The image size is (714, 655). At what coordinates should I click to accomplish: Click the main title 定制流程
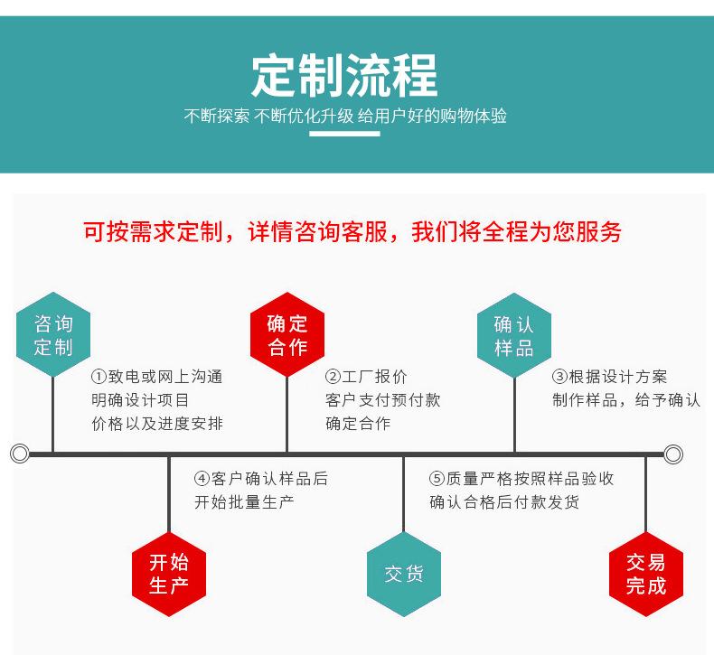coord(344,76)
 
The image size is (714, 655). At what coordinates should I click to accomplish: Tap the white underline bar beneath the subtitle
coord(344,134)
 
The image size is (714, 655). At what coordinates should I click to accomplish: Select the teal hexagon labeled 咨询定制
coord(53,334)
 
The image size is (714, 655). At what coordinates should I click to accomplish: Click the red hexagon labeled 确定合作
coord(287,334)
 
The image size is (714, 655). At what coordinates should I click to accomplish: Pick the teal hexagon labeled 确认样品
coord(514,335)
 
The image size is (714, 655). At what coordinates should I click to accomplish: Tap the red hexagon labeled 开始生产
coord(169,574)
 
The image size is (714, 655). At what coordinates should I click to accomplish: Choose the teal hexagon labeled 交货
coord(404,574)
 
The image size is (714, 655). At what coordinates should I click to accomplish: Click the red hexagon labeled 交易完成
coord(646,574)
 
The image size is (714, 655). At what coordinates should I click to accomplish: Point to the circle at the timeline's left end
coord(20,454)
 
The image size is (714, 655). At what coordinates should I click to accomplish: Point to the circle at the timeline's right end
coord(673,454)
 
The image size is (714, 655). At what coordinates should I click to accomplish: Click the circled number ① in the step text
coord(99,377)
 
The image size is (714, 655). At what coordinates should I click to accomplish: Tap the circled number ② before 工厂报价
coord(333,377)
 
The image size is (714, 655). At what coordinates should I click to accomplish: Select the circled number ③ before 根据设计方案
coord(559,377)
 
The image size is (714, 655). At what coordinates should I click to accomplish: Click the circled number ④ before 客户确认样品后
coord(202,479)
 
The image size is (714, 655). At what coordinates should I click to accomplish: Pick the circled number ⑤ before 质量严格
coord(437,479)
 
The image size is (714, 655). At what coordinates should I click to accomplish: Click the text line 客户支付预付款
coord(383,400)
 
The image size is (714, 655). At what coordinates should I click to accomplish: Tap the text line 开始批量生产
coord(244,502)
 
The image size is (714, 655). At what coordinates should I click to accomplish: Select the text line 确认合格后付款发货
coord(504,502)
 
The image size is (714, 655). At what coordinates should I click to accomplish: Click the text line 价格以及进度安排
coord(157,424)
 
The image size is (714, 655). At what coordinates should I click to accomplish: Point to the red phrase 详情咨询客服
coord(317,231)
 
